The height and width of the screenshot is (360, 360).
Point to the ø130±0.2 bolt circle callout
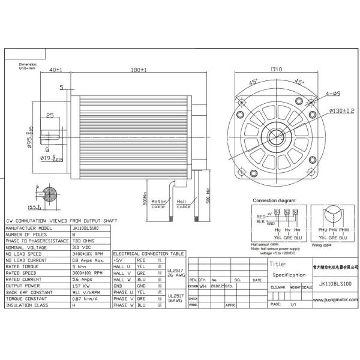pos(334,111)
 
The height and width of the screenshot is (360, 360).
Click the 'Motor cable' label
pos(159,203)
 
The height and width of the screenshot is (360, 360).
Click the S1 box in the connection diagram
pos(278,211)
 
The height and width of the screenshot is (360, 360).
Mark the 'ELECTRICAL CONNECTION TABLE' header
pos(149,254)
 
